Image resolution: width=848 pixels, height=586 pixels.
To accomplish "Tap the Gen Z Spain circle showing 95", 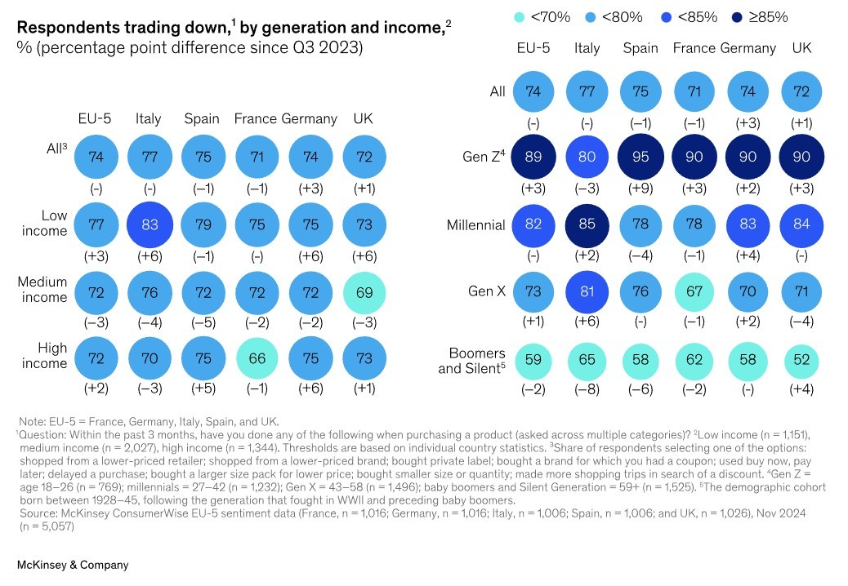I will coord(640,158).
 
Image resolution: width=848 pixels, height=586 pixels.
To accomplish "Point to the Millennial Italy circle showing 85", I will coord(586,224).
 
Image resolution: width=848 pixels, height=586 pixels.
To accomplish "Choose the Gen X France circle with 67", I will coord(694,291).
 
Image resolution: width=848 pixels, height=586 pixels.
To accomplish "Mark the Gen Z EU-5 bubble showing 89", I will coord(533,158).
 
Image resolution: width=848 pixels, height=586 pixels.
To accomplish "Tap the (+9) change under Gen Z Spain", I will coord(640,189).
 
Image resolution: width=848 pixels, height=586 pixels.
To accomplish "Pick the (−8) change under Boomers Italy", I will coord(586,388).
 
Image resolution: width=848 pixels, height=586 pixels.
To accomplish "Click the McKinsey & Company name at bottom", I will coord(73,565).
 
